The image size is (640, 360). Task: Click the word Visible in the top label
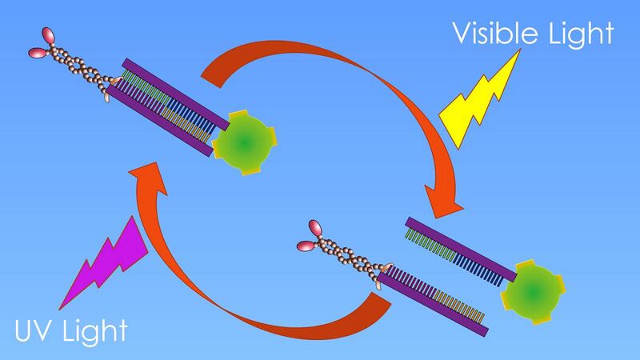tap(497, 33)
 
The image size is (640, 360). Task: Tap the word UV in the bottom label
tap(34, 330)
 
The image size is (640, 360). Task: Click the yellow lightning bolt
tap(479, 99)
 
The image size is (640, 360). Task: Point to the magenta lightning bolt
tap(104, 262)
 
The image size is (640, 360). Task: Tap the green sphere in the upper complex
tap(244, 142)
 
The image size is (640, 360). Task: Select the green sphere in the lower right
tap(533, 292)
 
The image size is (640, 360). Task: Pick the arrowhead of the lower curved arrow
tap(148, 178)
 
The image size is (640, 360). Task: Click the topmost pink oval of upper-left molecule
tap(48, 35)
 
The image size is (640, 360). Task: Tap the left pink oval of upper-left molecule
tap(38, 53)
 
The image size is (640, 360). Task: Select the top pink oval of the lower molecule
tap(314, 228)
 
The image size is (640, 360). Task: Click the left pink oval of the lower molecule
tap(306, 246)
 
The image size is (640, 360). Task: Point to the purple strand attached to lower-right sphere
tap(461, 249)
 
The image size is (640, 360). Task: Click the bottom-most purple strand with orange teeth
tap(433, 305)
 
